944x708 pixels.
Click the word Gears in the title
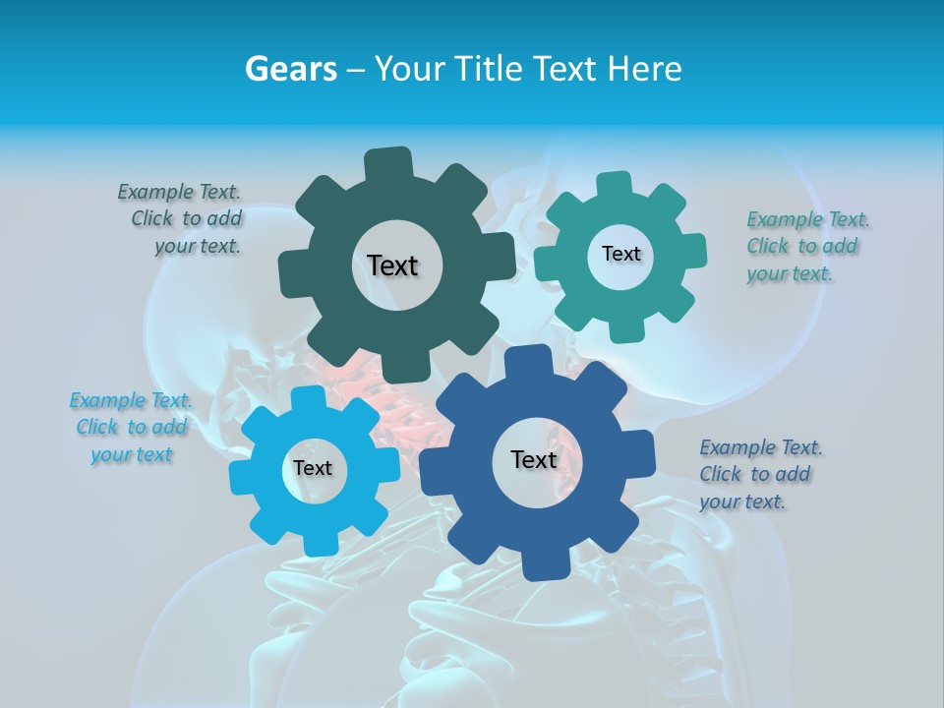tap(289, 69)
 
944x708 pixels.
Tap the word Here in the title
tap(645, 69)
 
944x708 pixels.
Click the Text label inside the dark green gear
tap(392, 265)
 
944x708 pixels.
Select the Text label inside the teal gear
tap(620, 254)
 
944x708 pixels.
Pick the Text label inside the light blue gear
tap(312, 468)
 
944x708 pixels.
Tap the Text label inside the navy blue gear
tap(533, 459)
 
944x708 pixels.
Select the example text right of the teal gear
tap(804, 246)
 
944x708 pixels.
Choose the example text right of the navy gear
tap(757, 474)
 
